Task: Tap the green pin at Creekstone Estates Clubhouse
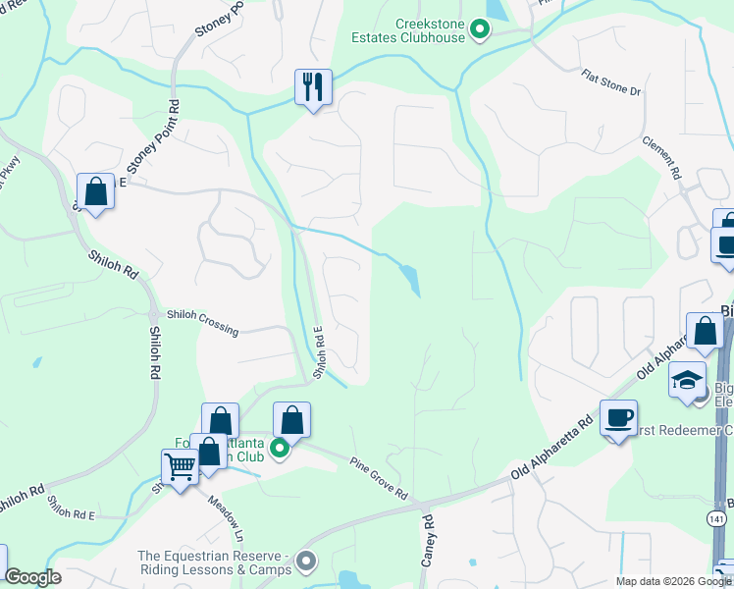tap(480, 30)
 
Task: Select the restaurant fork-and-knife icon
tap(314, 86)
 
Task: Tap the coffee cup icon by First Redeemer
tap(618, 417)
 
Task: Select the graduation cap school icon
tap(688, 380)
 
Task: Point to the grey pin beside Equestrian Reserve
tap(307, 562)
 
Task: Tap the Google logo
tap(34, 577)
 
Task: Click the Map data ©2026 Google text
tap(671, 581)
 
